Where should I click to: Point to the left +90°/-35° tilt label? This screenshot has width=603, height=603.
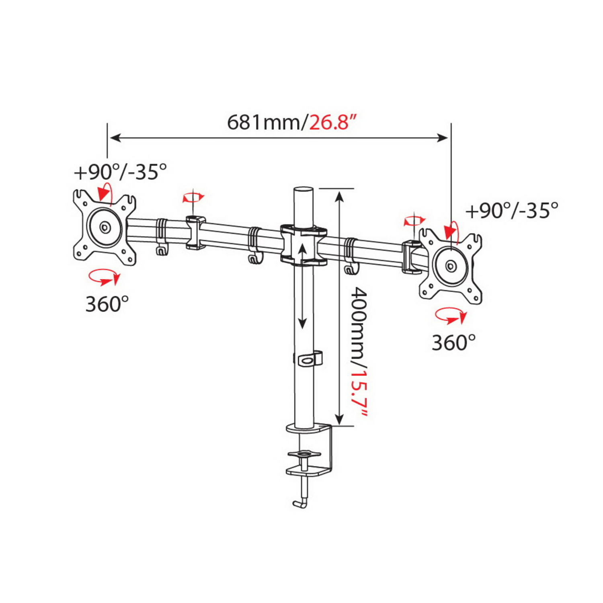(x=120, y=172)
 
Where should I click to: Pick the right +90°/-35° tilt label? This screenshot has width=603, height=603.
(x=512, y=210)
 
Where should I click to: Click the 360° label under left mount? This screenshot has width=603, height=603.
(x=107, y=304)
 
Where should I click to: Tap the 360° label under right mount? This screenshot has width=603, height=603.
(x=453, y=343)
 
